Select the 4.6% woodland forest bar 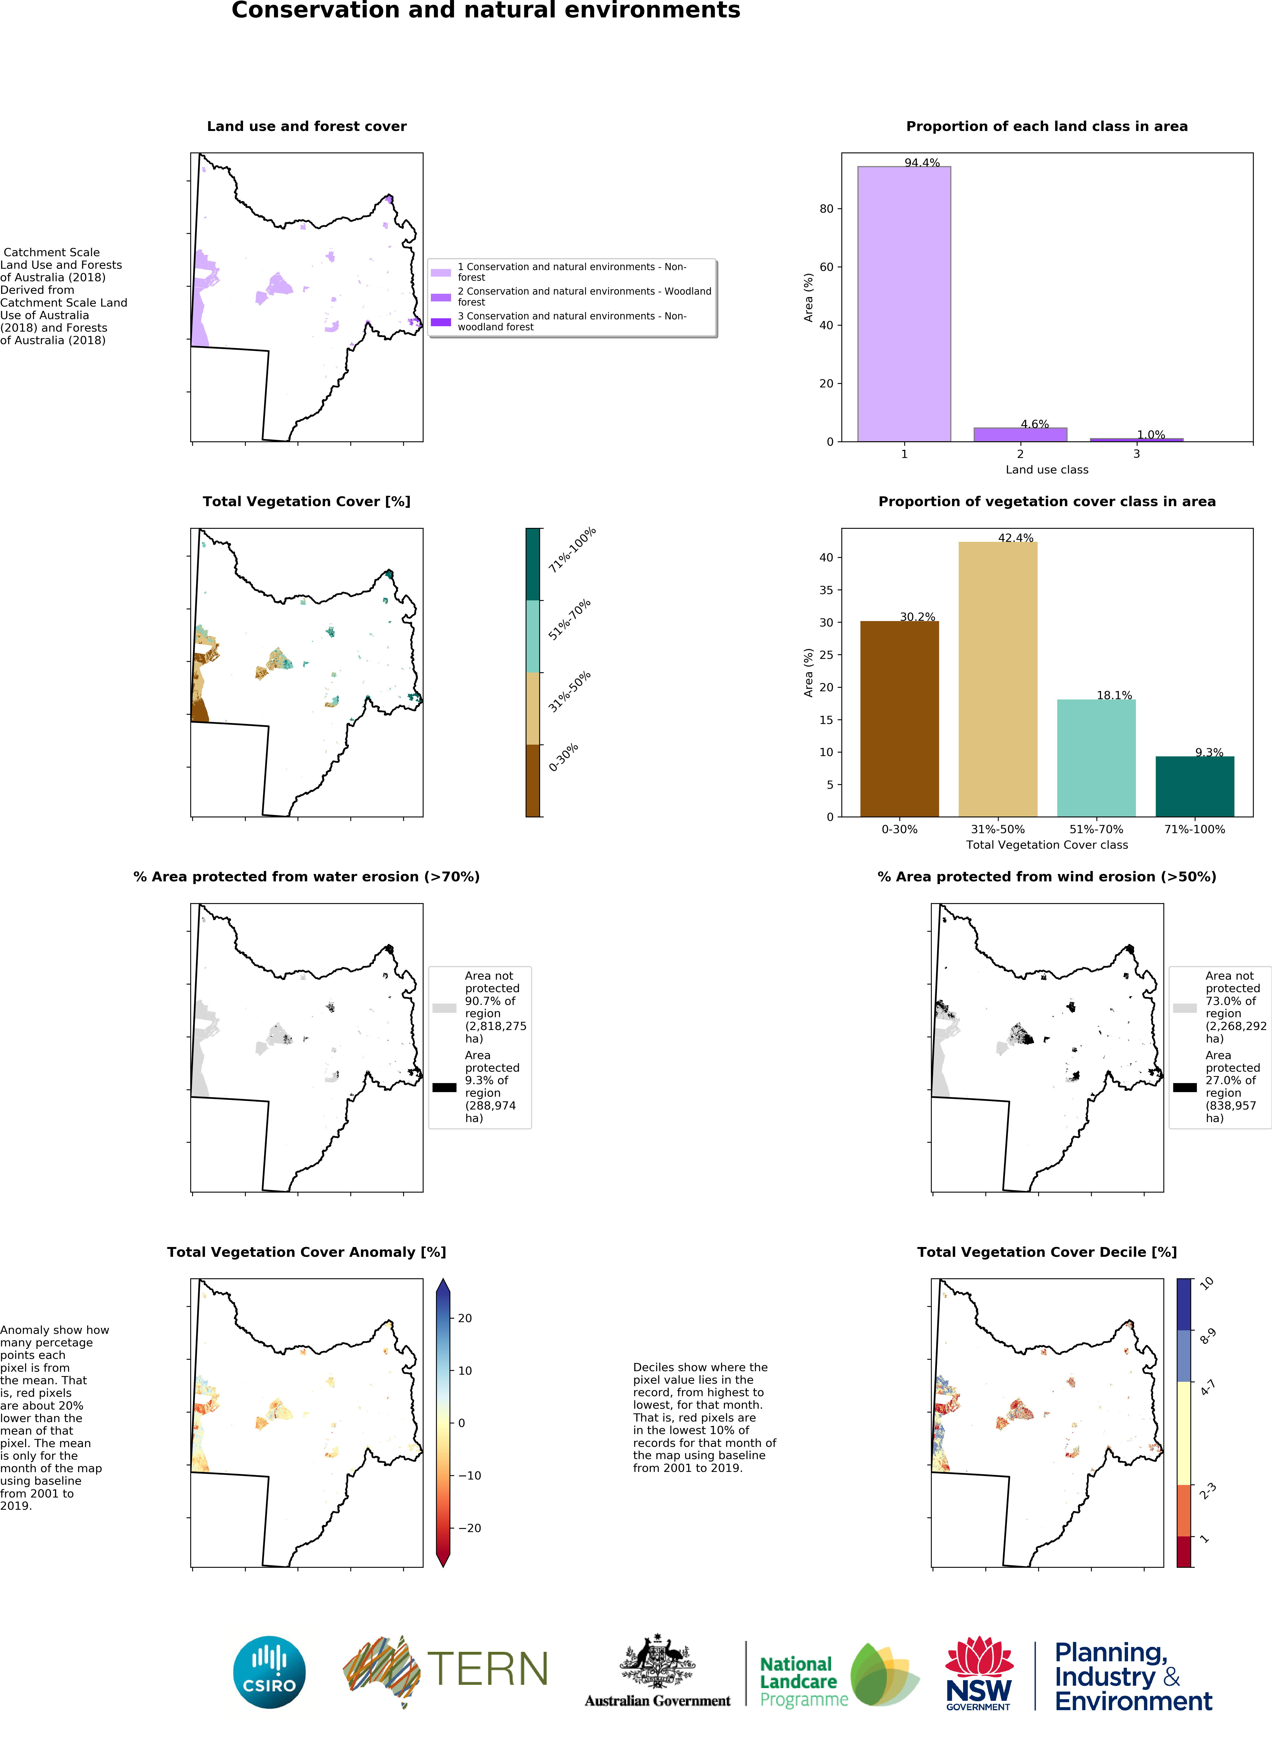click(1020, 434)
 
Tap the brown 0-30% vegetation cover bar click(899, 719)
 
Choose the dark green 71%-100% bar click(1194, 786)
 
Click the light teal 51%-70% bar click(1096, 758)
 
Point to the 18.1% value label click(1114, 695)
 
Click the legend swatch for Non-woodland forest click(440, 322)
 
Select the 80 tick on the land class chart click(826, 209)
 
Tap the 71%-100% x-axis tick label click(1194, 829)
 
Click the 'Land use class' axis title click(1046, 470)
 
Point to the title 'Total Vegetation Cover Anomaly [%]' click(306, 1252)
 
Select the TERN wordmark click(487, 1669)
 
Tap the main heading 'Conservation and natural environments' click(486, 11)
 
